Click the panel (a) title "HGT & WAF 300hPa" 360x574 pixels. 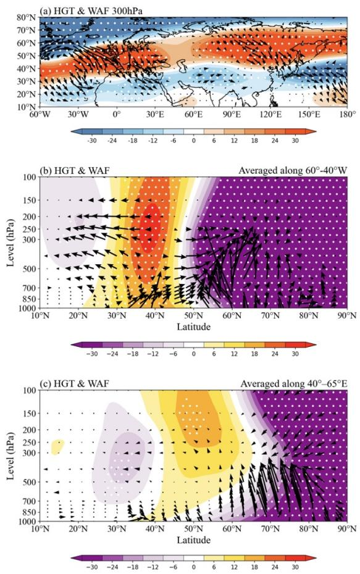[98, 11]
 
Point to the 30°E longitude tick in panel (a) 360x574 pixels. [155, 115]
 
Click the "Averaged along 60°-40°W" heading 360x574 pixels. [293, 170]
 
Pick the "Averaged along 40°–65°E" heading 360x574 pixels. [294, 384]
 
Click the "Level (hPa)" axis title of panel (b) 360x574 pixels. [10, 243]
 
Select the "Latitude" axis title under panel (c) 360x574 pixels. [194, 539]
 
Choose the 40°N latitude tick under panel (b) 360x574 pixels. [155, 315]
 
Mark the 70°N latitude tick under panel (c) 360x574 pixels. [270, 528]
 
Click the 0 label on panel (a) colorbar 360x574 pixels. [194, 141]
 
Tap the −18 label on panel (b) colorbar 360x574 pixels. [133, 354]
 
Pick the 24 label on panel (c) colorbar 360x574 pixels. [275, 567]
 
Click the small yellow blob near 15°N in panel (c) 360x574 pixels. [57, 446]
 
